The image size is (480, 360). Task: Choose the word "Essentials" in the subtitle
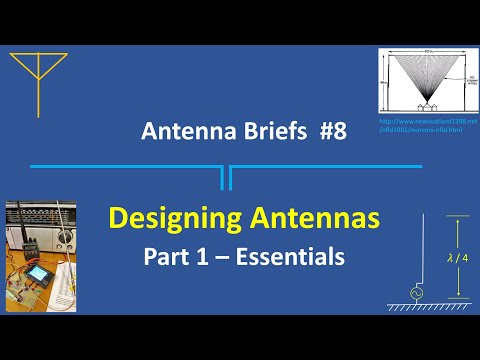tap(295, 256)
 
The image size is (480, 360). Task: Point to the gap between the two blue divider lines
tap(225, 175)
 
